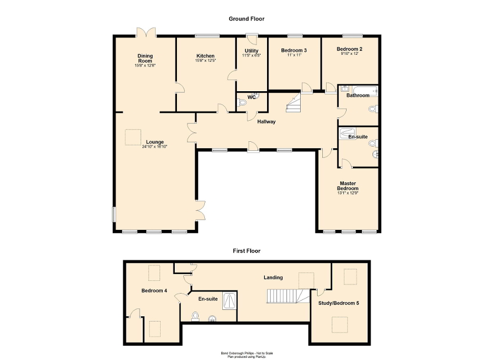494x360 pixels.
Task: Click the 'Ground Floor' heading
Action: point(246,19)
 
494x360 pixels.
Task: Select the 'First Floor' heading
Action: point(246,251)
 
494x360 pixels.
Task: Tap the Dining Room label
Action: point(145,59)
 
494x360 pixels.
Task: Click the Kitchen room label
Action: point(205,56)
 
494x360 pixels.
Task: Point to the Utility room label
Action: point(251,51)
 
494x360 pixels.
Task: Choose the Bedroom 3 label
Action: point(293,51)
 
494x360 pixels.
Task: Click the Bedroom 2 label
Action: point(349,49)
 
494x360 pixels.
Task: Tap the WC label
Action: point(252,97)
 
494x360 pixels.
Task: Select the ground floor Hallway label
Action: point(266,122)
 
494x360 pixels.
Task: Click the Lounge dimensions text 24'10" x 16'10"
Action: point(154,147)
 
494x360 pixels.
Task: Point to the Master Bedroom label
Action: point(348,186)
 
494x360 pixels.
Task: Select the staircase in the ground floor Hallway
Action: point(293,103)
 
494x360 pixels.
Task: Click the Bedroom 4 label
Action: point(154,290)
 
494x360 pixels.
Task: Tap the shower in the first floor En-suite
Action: point(231,300)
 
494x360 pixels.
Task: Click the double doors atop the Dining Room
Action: point(145,32)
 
